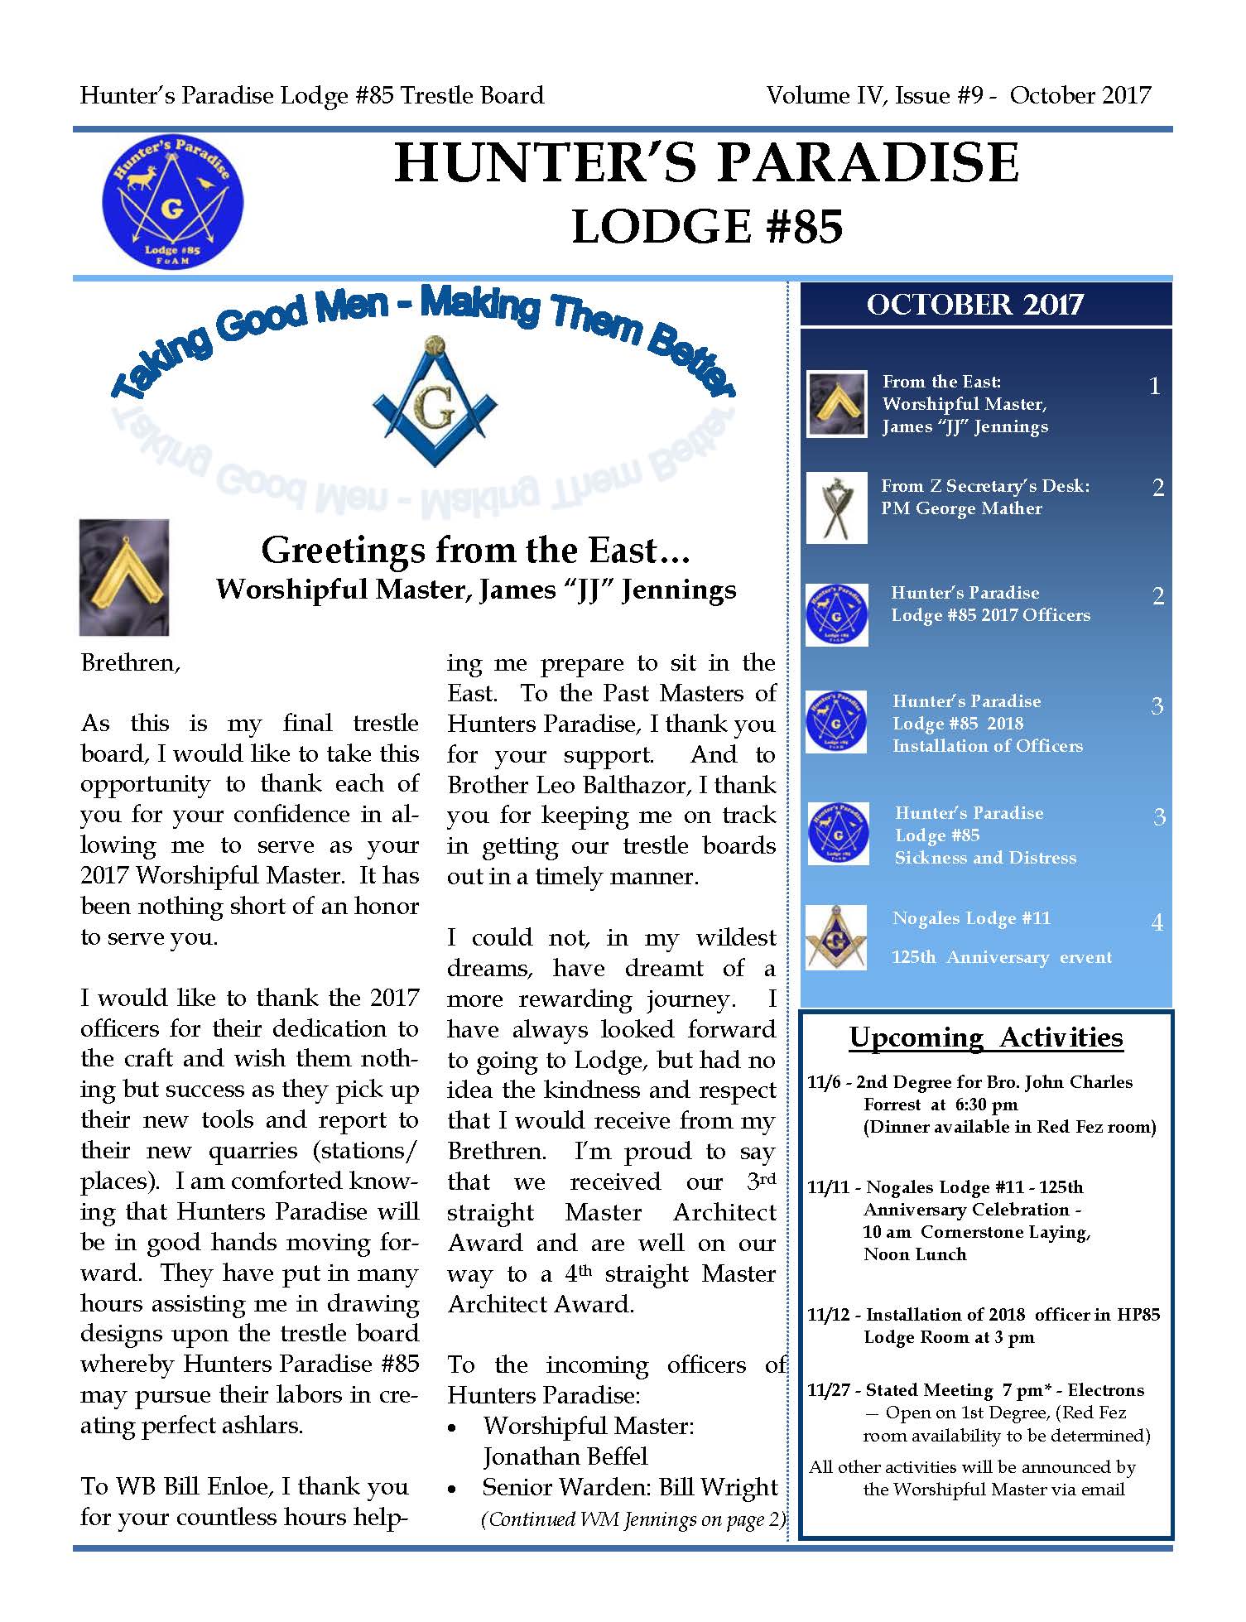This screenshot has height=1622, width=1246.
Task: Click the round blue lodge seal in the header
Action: pos(172,203)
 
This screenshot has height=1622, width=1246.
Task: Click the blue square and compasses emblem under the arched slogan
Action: pos(435,402)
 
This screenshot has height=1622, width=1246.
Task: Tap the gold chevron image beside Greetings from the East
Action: pos(124,577)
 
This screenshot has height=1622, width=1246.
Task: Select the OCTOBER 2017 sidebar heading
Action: pos(974,305)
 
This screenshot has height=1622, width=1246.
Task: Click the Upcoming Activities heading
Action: pos(986,1037)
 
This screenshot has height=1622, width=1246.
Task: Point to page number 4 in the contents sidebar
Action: pos(1157,922)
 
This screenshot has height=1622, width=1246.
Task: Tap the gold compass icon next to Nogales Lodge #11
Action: pos(836,936)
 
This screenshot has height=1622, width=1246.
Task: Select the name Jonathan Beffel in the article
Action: pos(565,1456)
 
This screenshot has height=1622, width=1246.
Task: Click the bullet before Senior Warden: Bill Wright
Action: pos(453,1489)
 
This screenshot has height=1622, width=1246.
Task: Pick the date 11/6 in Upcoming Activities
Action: pos(825,1082)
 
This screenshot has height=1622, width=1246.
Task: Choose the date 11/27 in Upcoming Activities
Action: pos(829,1390)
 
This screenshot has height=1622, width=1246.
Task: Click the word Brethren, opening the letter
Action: pos(130,663)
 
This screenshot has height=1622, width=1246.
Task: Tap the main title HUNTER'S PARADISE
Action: pos(706,162)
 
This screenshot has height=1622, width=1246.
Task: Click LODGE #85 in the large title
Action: pos(707,227)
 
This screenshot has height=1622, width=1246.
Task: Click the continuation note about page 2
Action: pos(633,1519)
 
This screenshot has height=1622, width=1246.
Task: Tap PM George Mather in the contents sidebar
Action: pos(961,508)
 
